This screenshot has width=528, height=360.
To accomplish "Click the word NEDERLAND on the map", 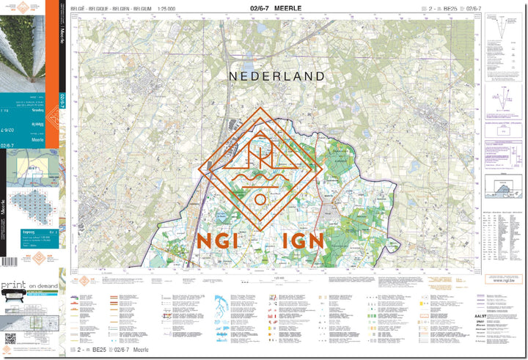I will (276, 76).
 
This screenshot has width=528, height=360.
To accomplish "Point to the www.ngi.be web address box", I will (501, 279).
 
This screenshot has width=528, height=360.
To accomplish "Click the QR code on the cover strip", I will (10, 338).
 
